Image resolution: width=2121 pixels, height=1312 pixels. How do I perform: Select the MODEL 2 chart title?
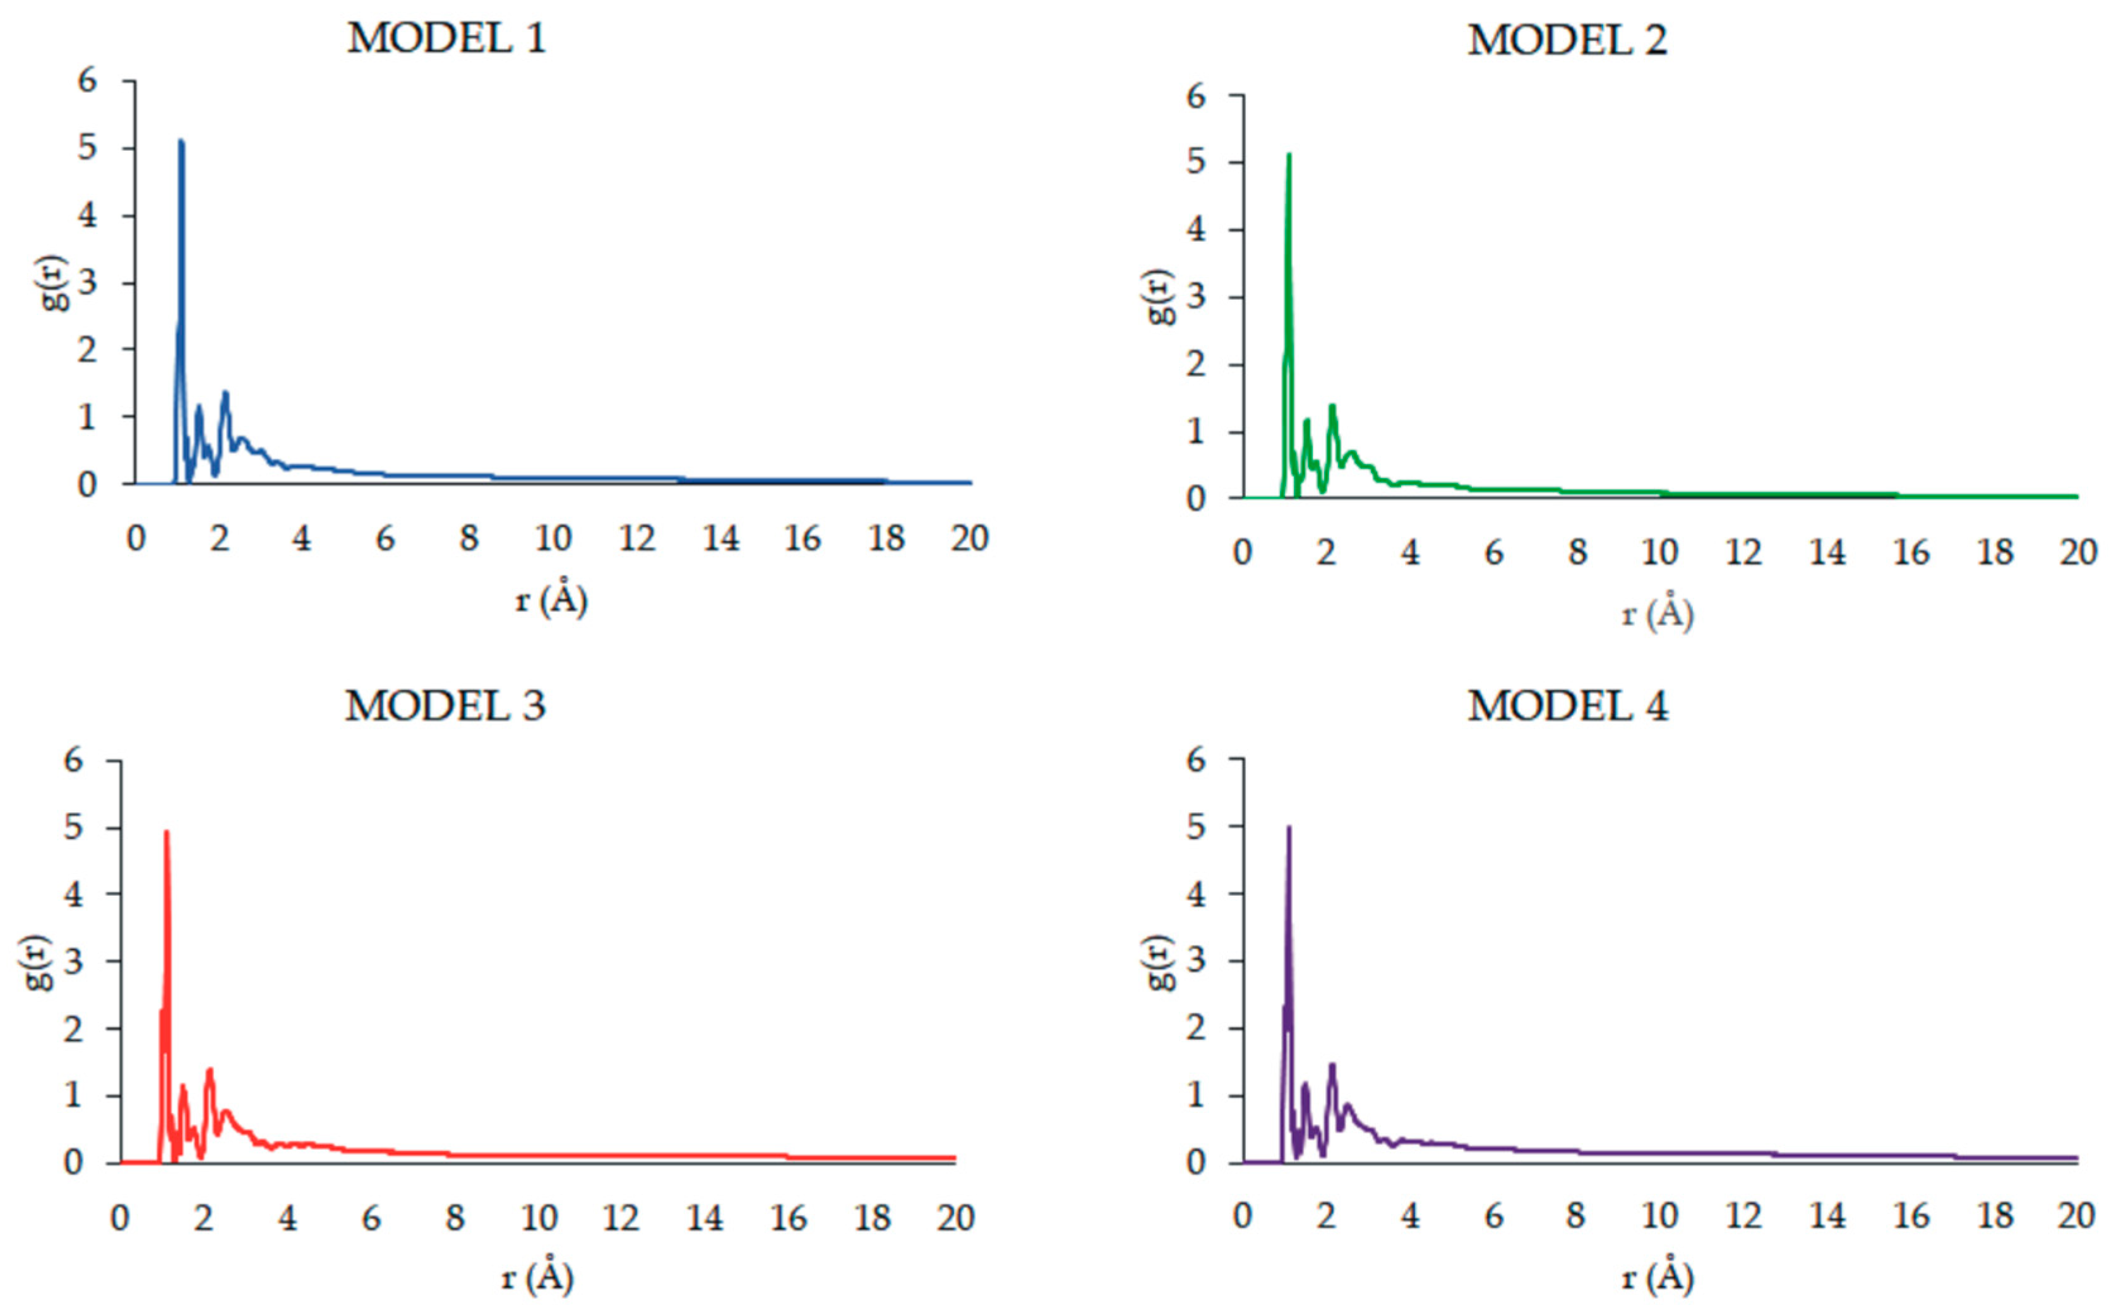(1567, 41)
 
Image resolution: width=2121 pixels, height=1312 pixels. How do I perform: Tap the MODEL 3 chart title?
(445, 707)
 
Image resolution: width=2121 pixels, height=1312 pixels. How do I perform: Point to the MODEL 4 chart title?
(1567, 707)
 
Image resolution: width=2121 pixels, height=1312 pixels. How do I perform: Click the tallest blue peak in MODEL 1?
(181, 141)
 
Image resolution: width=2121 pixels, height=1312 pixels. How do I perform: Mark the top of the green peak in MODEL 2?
(1289, 155)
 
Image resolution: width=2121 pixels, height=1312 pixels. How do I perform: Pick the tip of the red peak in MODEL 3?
(166, 832)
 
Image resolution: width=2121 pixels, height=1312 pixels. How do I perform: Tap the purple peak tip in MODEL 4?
(1289, 828)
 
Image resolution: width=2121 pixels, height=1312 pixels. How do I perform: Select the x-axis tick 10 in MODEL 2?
(1659, 552)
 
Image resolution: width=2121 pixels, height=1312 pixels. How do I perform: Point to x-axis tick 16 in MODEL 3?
(788, 1219)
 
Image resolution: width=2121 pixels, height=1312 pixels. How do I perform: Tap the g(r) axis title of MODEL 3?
(37, 962)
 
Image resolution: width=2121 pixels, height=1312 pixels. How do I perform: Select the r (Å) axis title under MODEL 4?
(1658, 1277)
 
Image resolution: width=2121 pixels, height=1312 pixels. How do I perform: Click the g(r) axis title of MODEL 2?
(1161, 297)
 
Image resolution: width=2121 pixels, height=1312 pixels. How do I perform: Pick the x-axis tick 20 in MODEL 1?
(969, 539)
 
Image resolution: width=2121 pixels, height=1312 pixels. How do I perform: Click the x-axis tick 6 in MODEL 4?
(1493, 1217)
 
